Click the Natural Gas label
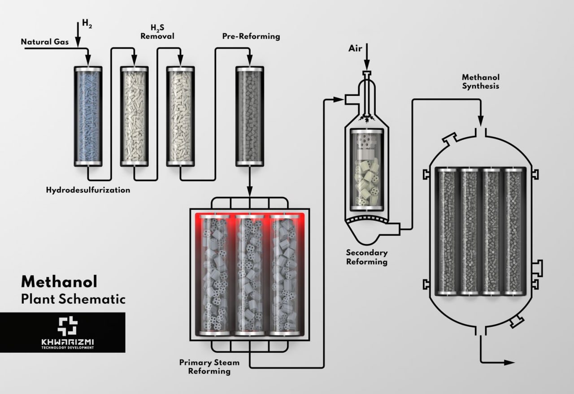point(45,42)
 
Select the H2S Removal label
point(157,32)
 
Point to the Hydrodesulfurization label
point(88,190)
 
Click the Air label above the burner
point(355,48)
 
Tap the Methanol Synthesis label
point(480,81)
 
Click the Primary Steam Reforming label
point(209,367)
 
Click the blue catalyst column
point(88,116)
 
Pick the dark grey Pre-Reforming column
point(250,116)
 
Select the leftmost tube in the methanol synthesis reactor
point(446,231)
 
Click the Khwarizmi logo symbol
point(68,326)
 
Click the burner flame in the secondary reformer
point(367,119)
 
